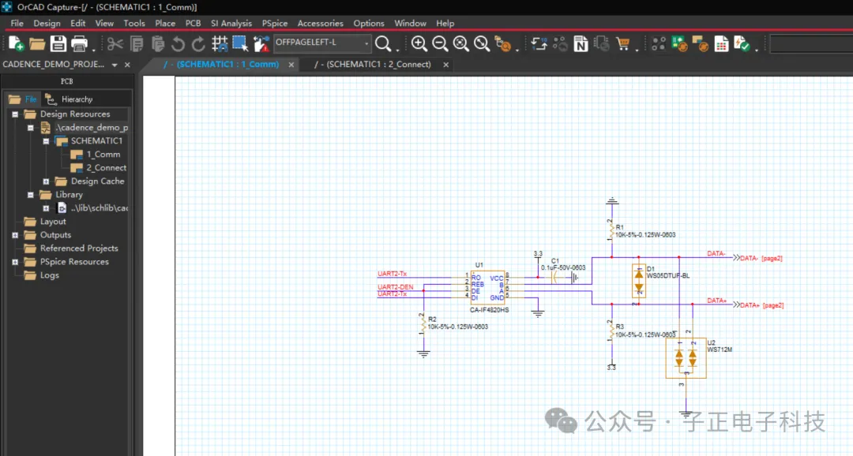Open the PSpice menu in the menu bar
(x=274, y=23)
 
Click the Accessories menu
(x=320, y=23)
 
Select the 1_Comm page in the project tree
(x=103, y=155)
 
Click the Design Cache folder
(x=97, y=181)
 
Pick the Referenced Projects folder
(x=79, y=249)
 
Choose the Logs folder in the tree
(x=49, y=275)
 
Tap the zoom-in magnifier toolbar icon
(x=419, y=43)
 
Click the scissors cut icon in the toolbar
(x=115, y=43)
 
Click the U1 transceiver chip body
(x=487, y=287)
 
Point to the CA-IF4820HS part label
(x=489, y=310)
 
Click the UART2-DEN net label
(x=396, y=286)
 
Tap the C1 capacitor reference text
(x=555, y=260)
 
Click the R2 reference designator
(x=432, y=320)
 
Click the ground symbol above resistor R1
(x=611, y=202)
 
